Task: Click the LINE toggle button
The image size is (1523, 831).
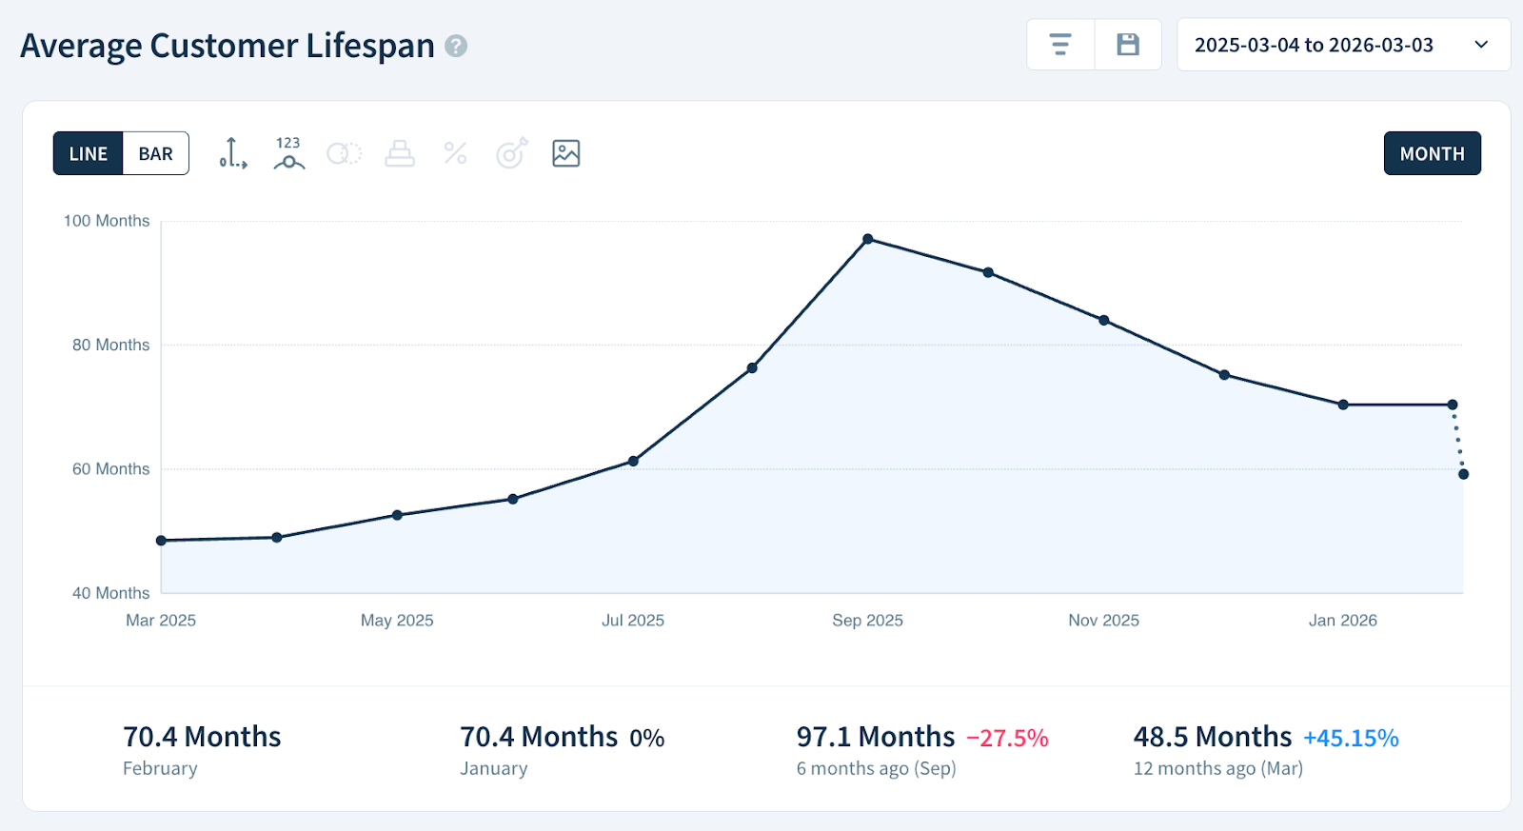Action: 89,153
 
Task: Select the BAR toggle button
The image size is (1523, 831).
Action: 156,153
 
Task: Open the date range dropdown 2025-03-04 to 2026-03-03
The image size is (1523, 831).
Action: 1343,45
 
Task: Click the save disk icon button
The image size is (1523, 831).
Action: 1128,45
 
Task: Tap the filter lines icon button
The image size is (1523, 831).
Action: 1060,45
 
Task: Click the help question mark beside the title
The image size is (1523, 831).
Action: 457,46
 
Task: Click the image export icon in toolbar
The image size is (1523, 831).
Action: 565,153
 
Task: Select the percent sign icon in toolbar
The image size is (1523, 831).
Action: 455,153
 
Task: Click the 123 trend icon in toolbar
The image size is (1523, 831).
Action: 288,153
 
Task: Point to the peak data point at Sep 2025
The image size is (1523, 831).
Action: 868,239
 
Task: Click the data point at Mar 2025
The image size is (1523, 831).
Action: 161,541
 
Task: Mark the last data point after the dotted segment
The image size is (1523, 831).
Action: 1463,474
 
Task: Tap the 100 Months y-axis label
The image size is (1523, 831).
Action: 107,221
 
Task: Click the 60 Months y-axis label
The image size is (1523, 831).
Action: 110,469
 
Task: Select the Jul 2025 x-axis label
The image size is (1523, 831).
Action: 633,621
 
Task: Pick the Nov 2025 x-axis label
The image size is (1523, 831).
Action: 1103,621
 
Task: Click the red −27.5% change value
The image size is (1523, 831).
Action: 1007,738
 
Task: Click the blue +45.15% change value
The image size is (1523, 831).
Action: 1351,738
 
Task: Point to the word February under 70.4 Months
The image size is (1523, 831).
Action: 160,768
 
